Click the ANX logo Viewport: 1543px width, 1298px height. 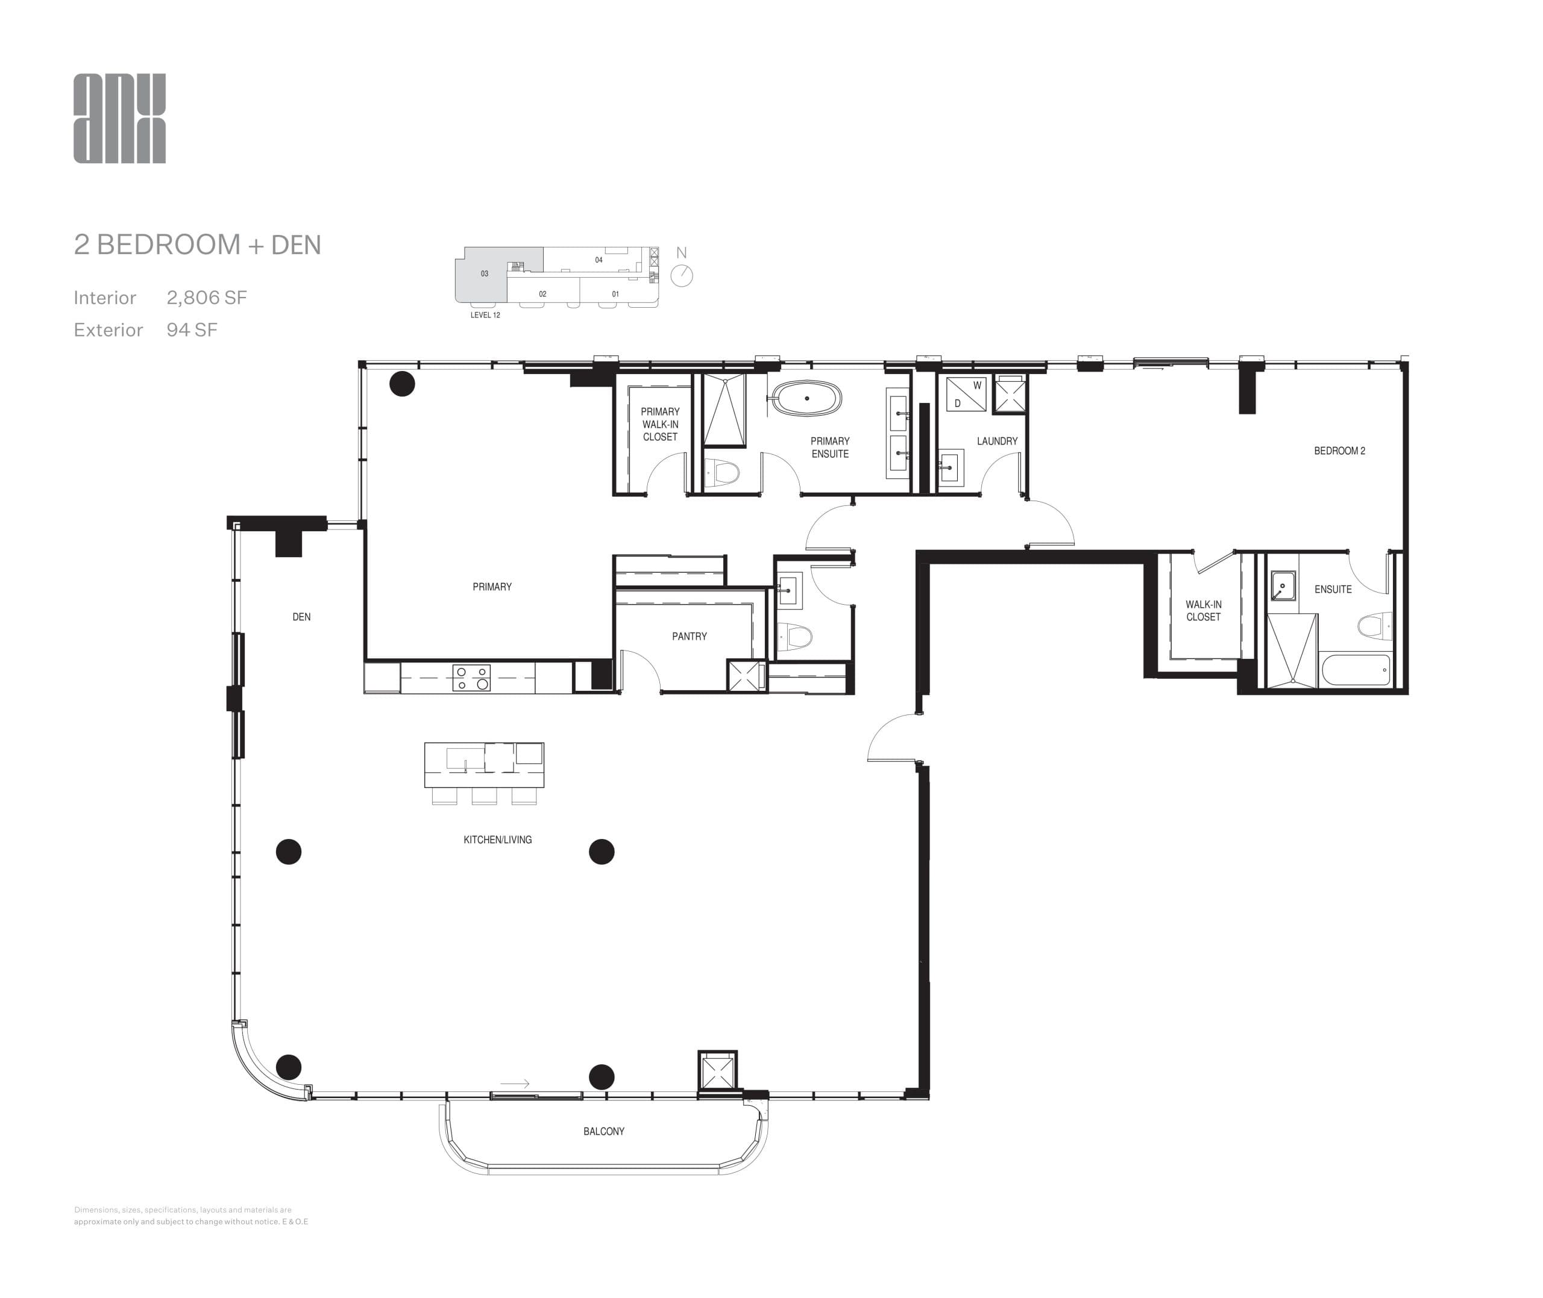pos(119,119)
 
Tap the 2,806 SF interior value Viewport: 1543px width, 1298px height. pos(206,298)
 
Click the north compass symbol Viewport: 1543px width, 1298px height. pos(682,275)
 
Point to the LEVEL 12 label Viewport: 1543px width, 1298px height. pos(485,315)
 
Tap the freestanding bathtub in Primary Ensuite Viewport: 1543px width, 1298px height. pos(808,398)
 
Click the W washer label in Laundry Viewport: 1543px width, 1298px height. pos(977,385)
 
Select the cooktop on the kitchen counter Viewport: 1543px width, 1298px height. pos(471,678)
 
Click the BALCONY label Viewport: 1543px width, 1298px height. pos(604,1131)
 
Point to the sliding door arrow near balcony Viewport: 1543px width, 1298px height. pos(515,1083)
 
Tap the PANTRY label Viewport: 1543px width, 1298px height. pos(689,637)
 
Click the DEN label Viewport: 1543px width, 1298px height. pos(301,617)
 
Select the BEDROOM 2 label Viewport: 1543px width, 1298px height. pos(1339,451)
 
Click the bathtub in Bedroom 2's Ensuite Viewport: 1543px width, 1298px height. pos(1356,670)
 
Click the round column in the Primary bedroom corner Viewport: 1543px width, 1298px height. pos(402,383)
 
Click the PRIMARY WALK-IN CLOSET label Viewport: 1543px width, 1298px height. pos(659,424)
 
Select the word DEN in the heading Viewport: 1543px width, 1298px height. pos(296,245)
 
